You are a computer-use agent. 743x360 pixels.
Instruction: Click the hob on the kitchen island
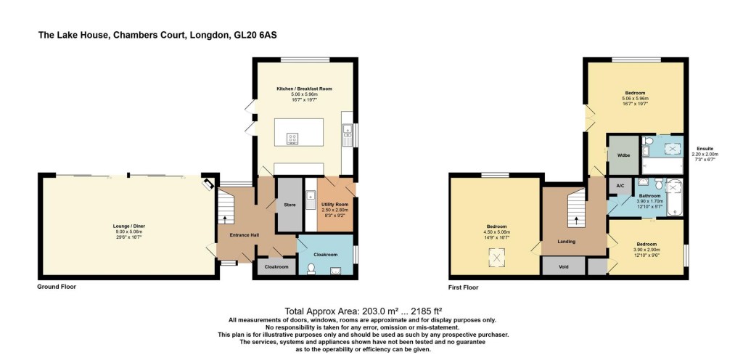click(294, 138)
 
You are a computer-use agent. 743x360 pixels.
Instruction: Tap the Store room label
click(290, 205)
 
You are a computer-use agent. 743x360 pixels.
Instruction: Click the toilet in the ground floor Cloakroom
click(311, 269)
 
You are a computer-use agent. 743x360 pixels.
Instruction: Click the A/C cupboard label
click(620, 187)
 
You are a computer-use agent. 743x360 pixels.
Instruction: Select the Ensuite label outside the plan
click(705, 148)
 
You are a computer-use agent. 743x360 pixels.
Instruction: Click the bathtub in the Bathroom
click(676, 196)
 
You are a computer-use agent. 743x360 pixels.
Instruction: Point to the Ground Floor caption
click(57, 287)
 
